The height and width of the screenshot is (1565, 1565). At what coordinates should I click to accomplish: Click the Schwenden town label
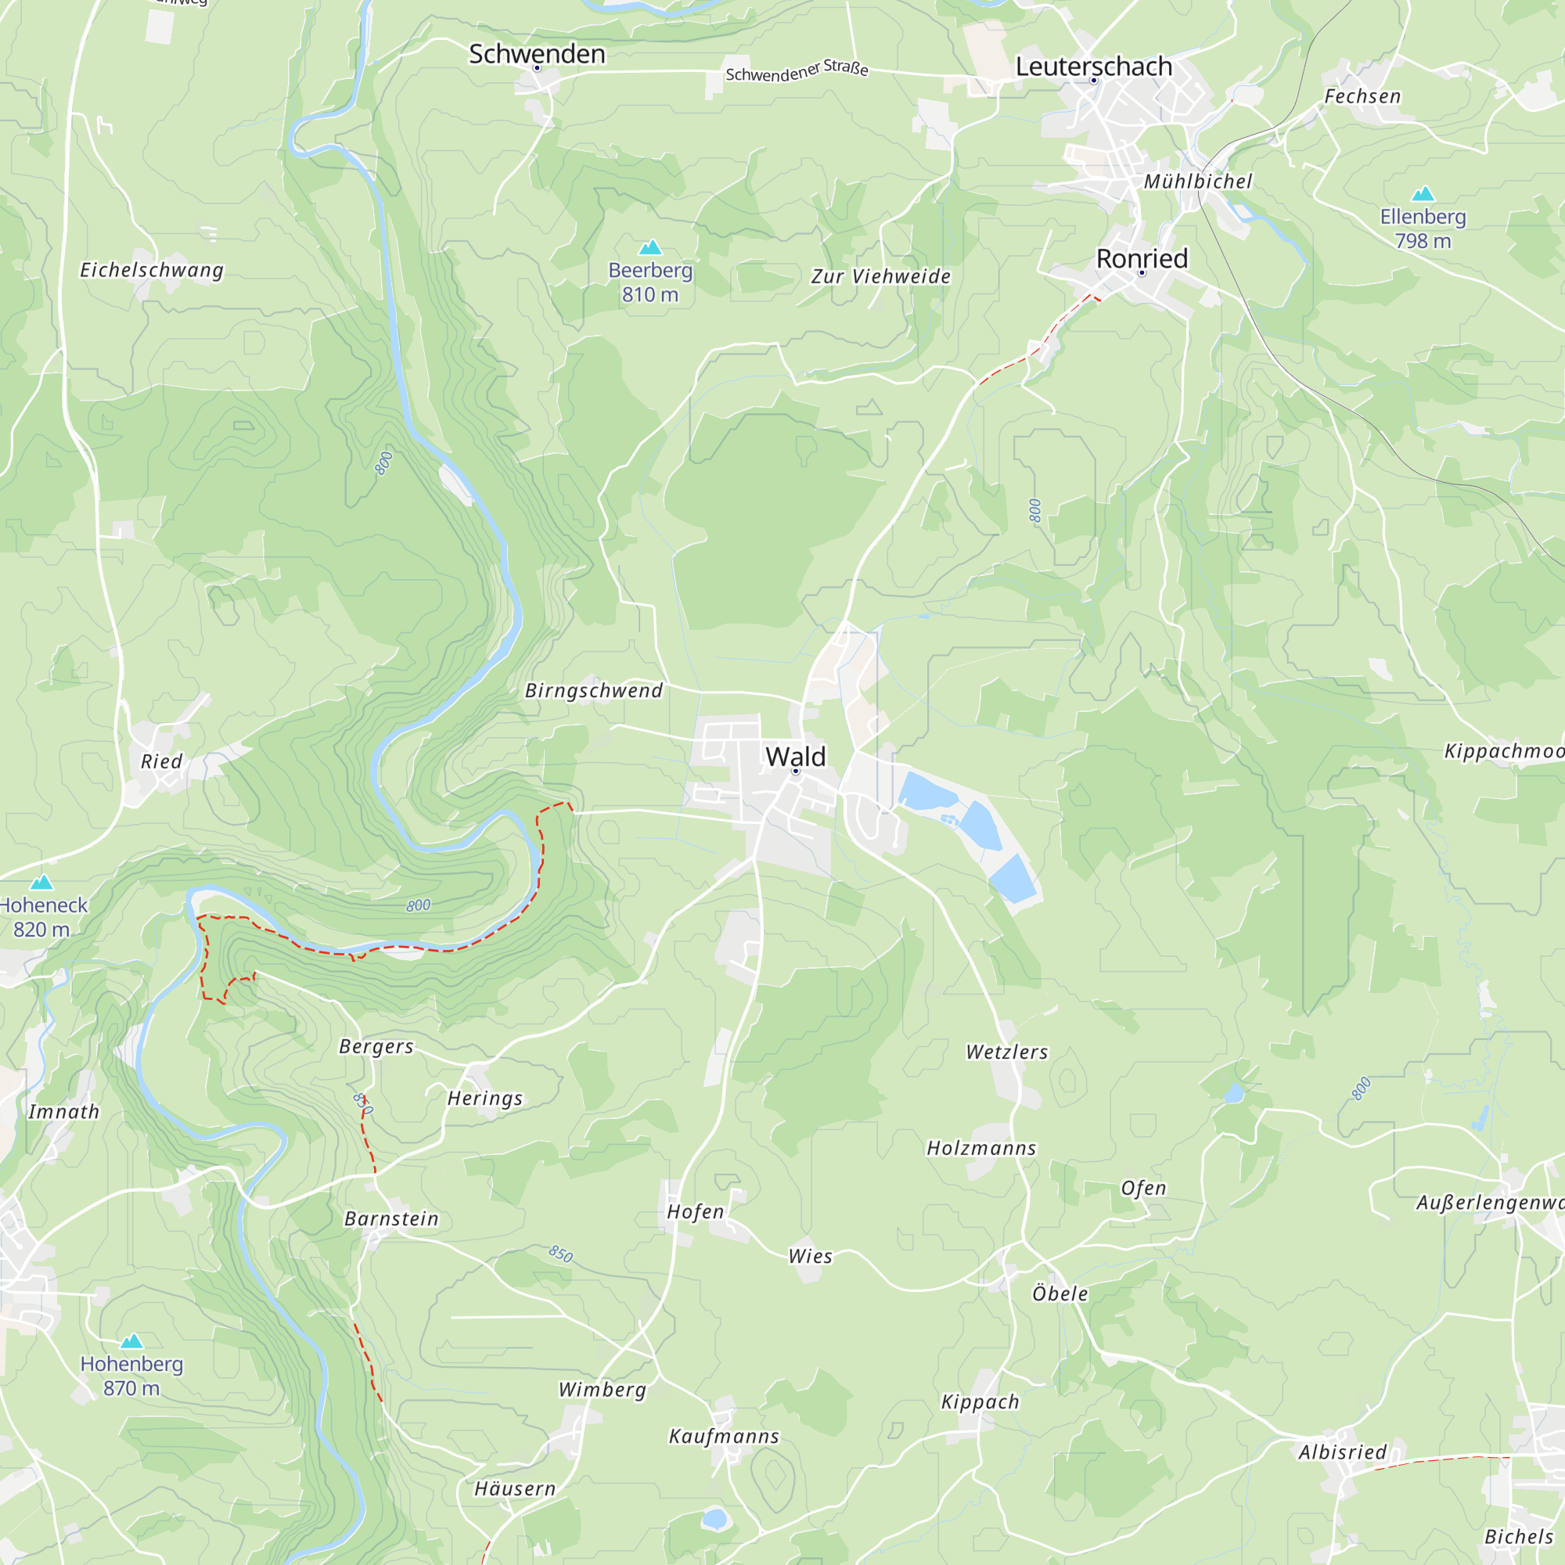coord(537,54)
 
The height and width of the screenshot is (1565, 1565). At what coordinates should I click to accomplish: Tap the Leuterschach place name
coord(1094,67)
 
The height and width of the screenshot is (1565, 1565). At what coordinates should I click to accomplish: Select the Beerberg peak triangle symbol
coord(650,248)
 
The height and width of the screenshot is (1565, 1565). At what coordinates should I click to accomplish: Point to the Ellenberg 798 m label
coord(1423,228)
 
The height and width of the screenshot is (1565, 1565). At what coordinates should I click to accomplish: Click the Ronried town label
coord(1142,258)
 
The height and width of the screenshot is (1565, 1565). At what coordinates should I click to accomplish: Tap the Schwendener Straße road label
coord(797,71)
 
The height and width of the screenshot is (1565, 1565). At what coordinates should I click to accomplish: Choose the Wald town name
coord(796,757)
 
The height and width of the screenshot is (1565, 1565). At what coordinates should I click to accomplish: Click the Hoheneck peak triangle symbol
coord(41,883)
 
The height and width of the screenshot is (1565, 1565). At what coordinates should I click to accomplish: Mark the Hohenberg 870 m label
coord(132,1376)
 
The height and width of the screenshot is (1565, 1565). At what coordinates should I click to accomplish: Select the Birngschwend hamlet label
coord(594,691)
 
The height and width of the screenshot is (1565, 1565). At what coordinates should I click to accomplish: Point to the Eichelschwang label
coord(152,271)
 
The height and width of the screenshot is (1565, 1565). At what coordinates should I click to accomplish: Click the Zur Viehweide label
coord(880,277)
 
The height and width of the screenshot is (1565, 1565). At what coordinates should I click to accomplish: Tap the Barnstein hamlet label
coord(391,1219)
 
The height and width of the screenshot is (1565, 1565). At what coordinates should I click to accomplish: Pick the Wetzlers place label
coord(1007,1052)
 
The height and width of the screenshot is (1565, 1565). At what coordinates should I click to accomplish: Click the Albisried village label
coord(1342,1452)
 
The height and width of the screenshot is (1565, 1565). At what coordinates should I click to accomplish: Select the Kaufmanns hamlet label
coord(723,1437)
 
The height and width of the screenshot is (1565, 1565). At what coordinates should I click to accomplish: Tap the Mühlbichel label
coord(1198,182)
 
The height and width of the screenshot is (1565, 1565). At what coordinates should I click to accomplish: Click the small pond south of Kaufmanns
coord(714,1518)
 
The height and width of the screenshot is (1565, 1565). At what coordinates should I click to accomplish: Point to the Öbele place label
coord(1060,1293)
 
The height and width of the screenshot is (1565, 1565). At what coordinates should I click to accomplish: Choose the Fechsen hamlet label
coord(1362,97)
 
